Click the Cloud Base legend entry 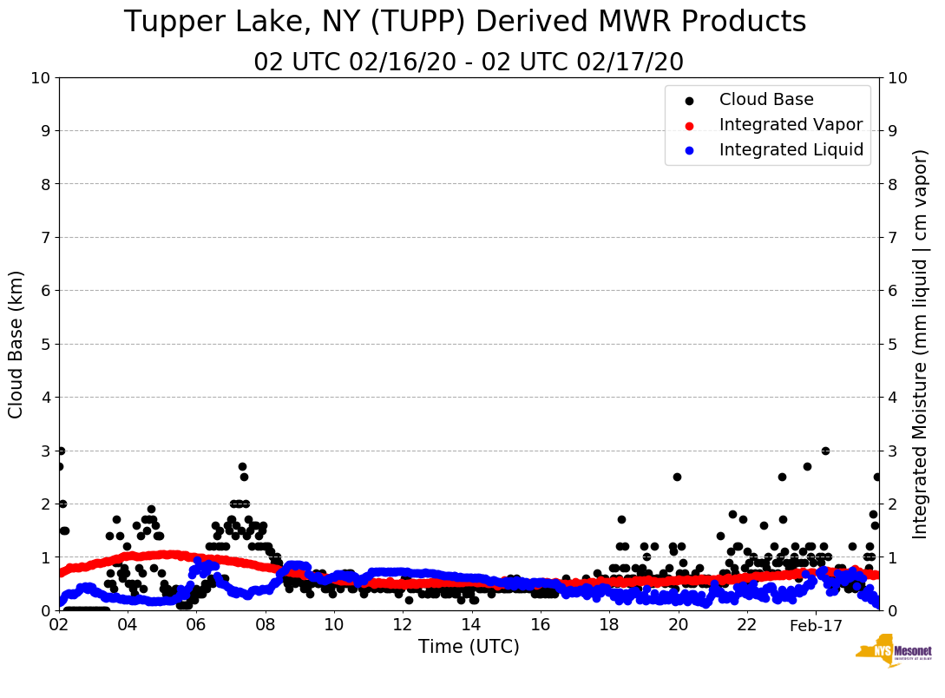pyautogui.click(x=754, y=100)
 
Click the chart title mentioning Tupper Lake pyautogui.click(x=465, y=23)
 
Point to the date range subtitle pyautogui.click(x=469, y=63)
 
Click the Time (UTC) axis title pyautogui.click(x=469, y=647)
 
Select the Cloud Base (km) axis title pyautogui.click(x=16, y=344)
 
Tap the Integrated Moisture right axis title pyautogui.click(x=921, y=344)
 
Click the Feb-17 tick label pyautogui.click(x=816, y=625)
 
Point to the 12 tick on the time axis pyautogui.click(x=403, y=625)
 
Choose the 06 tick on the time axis pyautogui.click(x=196, y=625)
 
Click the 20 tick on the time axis pyautogui.click(x=678, y=625)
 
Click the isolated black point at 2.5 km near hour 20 pyautogui.click(x=677, y=477)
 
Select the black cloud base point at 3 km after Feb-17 pyautogui.click(x=825, y=451)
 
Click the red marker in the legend pyautogui.click(x=689, y=125)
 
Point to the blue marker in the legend pyautogui.click(x=689, y=150)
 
